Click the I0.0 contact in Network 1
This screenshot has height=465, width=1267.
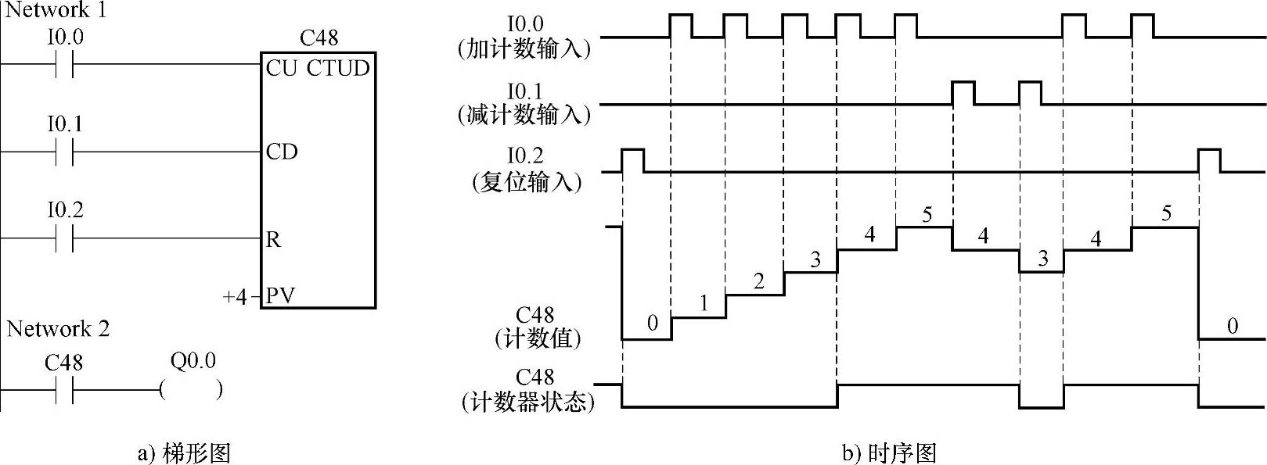point(64,66)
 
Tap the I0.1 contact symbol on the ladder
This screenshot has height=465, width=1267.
point(64,152)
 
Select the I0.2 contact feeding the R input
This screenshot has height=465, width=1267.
point(64,238)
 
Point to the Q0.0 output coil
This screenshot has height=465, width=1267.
point(191,389)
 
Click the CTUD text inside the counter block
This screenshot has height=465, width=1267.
point(337,69)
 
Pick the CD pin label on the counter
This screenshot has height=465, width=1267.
point(282,152)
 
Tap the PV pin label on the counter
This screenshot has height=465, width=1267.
point(281,296)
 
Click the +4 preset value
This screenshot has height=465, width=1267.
point(234,297)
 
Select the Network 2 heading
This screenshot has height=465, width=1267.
point(58,329)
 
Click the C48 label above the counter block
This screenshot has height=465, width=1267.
point(319,38)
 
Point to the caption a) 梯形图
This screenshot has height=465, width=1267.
point(184,452)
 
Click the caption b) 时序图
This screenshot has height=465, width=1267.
point(889,452)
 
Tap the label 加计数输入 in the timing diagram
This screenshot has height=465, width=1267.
point(524,49)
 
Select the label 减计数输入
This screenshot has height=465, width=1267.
point(524,116)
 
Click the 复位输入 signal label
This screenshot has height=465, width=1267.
point(527,183)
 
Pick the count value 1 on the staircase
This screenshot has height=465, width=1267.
point(704,303)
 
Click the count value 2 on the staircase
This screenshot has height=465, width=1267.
point(758,281)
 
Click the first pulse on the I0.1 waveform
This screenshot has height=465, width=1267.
point(963,92)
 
